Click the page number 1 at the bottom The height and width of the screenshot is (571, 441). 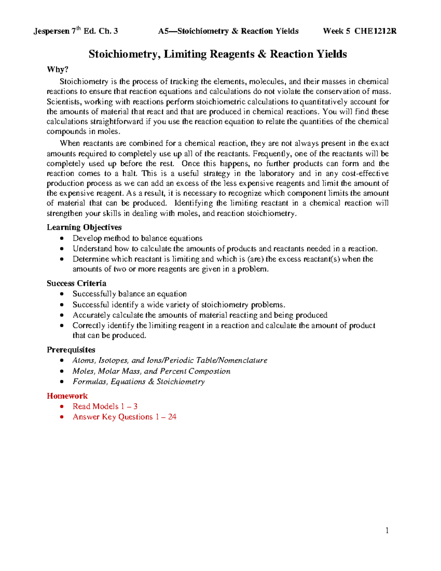[387, 530]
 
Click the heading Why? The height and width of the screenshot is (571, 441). [58, 70]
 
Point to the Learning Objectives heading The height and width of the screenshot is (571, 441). [84, 227]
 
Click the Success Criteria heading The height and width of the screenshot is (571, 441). [76, 283]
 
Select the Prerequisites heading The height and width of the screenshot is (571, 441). [71, 350]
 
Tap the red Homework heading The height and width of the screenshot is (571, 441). [67, 396]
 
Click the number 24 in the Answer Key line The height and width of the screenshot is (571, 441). [172, 417]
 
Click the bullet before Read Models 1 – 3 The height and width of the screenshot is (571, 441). [62, 407]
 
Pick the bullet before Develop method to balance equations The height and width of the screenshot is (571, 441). [62, 239]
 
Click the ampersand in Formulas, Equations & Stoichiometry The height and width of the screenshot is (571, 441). [151, 382]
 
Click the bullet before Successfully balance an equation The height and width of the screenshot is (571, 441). [62, 294]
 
